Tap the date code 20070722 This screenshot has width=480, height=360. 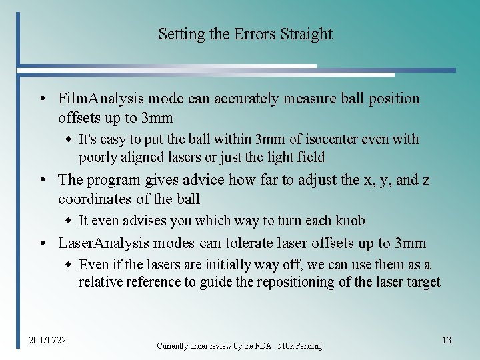(x=47, y=341)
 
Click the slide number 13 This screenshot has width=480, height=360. (x=446, y=340)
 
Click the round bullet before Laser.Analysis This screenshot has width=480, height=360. (x=42, y=244)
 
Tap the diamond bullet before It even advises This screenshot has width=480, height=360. (x=68, y=221)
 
